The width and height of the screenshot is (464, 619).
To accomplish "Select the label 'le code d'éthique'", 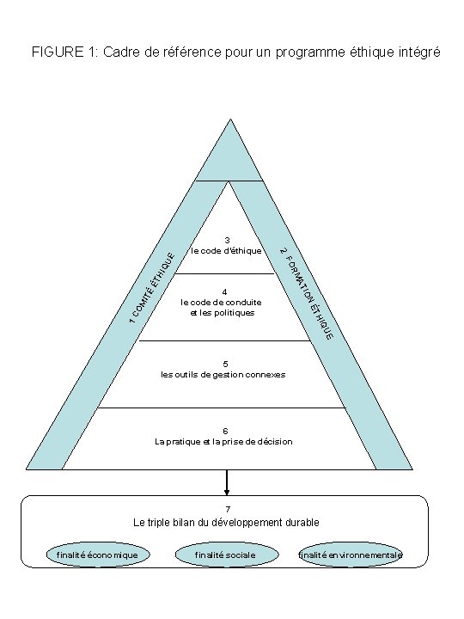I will [227, 251].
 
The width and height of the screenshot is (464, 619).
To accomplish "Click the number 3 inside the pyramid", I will [227, 240].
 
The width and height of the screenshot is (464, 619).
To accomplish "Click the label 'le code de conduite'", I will [222, 303].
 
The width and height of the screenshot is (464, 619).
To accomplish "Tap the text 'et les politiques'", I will [222, 313].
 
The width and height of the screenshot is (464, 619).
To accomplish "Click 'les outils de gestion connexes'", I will [223, 375].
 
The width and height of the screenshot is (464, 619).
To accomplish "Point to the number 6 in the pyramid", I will [224, 431].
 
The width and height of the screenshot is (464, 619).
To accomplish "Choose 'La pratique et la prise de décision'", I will [223, 441].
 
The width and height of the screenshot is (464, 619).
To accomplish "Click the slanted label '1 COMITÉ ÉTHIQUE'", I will [148, 288].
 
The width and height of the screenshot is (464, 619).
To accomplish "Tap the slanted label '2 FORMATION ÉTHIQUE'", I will [307, 291].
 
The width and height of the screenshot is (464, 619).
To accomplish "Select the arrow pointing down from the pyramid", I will [227, 482].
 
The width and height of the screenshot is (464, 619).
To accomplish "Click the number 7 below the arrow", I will [227, 510].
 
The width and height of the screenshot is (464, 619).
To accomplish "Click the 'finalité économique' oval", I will [97, 555].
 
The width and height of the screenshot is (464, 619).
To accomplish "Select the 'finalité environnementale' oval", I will [351, 555].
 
